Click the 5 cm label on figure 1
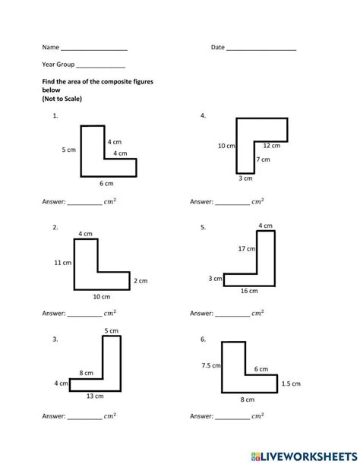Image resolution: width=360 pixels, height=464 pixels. (68, 150)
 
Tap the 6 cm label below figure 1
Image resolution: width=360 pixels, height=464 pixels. (106, 184)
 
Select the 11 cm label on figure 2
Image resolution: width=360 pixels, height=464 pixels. (63, 263)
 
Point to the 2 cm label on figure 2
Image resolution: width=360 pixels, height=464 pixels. (141, 281)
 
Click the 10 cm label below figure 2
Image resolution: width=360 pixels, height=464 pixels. (102, 296)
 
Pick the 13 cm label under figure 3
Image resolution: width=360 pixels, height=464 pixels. (95, 396)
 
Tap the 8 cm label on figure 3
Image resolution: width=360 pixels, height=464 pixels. (86, 373)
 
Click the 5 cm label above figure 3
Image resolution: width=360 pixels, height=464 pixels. (112, 330)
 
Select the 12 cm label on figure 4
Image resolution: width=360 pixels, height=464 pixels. (271, 146)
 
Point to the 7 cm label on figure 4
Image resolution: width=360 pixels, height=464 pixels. (264, 159)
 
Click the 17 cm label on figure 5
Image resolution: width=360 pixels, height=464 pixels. (247, 248)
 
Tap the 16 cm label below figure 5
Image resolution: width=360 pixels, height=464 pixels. (249, 291)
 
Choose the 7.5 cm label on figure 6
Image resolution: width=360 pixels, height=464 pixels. (211, 365)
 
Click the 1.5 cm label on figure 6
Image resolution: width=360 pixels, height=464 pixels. (291, 384)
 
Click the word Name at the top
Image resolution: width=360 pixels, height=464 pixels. (51, 47)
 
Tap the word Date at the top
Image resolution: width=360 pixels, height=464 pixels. (218, 47)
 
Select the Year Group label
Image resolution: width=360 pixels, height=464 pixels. (58, 65)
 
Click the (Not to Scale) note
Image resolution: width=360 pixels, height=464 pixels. (62, 99)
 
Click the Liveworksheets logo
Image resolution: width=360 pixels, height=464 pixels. (304, 456)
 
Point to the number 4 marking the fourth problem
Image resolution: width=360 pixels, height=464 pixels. (203, 115)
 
